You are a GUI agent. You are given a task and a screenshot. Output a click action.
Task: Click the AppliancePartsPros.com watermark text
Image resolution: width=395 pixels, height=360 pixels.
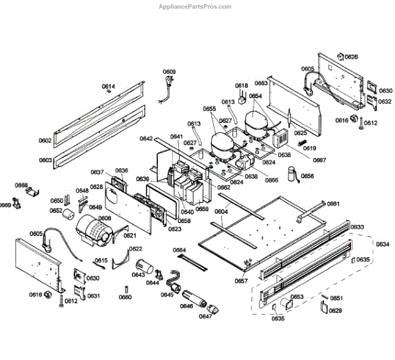point(196,7)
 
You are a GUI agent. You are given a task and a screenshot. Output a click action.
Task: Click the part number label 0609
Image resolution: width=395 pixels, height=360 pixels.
point(169,72)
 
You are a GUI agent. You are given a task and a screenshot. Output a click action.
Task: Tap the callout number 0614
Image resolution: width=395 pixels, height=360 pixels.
point(108,87)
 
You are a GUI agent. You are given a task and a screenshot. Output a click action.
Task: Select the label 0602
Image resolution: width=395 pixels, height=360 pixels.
point(45,141)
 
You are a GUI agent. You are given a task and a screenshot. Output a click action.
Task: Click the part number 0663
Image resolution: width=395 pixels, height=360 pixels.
point(261,83)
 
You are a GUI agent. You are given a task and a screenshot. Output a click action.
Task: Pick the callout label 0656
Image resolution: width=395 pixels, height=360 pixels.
point(307,176)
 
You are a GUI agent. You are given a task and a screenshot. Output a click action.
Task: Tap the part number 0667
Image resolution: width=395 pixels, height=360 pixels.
point(319,160)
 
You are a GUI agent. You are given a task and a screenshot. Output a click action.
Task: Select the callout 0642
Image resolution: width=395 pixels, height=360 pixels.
point(146,138)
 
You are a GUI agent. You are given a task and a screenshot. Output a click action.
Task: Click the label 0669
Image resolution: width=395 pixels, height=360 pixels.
point(6,205)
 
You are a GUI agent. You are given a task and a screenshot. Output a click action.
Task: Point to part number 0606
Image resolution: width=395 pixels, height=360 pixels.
point(105,218)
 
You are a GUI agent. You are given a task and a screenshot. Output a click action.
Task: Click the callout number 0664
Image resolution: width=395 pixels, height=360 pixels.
point(180,250)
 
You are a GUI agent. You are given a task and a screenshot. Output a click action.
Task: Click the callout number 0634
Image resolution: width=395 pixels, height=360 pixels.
point(382,244)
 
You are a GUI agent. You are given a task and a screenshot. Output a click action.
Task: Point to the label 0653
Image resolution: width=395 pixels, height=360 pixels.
point(298,297)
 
